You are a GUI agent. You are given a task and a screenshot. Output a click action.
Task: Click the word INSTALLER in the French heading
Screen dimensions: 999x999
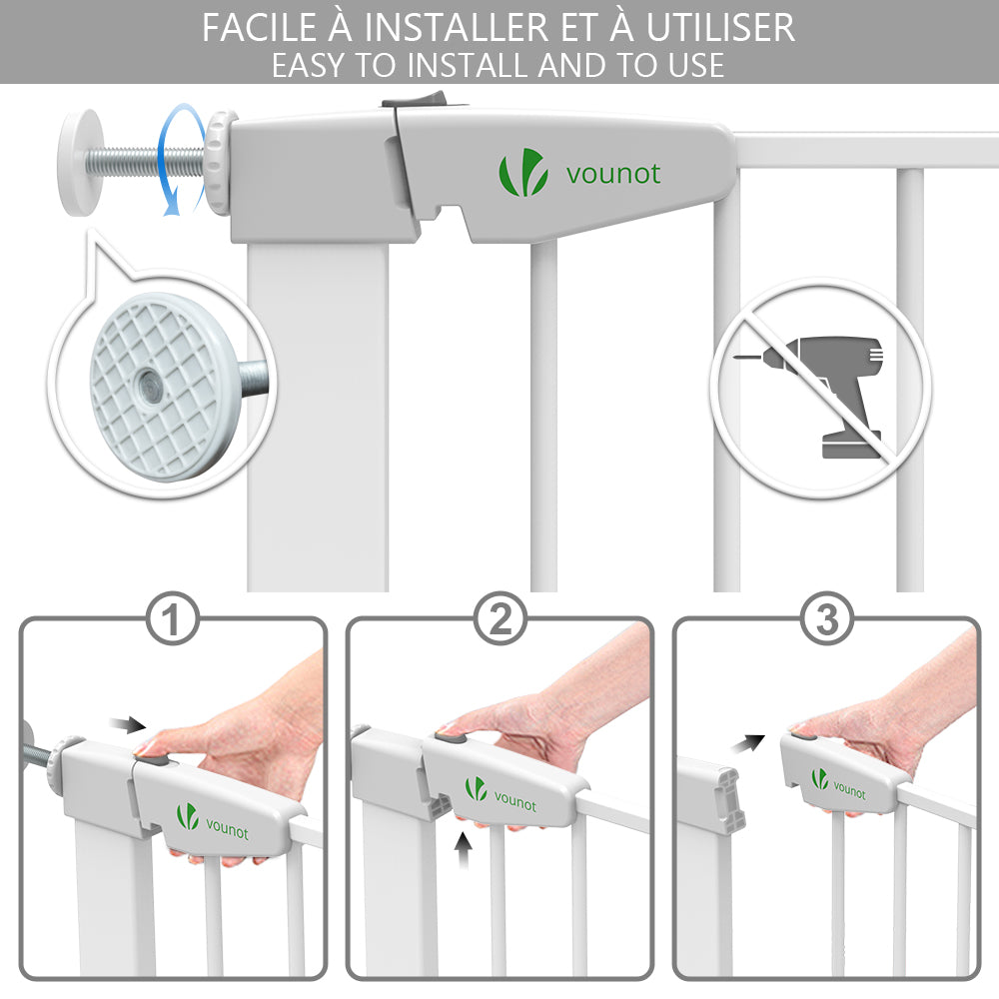[x=457, y=27]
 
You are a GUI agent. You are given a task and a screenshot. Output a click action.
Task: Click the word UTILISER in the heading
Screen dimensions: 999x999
[x=720, y=27]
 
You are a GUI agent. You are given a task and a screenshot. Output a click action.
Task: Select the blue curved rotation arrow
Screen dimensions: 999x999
[x=180, y=159]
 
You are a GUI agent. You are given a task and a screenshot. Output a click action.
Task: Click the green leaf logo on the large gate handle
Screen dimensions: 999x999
[x=523, y=172]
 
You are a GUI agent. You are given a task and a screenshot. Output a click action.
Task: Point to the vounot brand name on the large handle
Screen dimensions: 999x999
[x=613, y=174]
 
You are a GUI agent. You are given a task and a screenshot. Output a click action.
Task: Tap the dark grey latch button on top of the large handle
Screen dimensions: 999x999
[x=414, y=99]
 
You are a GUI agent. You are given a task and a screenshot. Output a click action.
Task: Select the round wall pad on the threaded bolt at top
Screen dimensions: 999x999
[x=81, y=163]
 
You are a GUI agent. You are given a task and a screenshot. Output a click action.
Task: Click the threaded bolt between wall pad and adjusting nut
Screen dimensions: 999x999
[x=153, y=162]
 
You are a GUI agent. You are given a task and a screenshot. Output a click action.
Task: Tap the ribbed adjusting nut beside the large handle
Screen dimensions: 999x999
[x=219, y=163]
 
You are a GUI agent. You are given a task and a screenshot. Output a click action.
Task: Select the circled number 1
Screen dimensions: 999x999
[x=172, y=619]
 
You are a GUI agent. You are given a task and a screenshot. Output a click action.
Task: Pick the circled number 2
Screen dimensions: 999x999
[x=500, y=618]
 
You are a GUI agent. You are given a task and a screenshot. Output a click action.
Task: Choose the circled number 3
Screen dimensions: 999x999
[x=826, y=618]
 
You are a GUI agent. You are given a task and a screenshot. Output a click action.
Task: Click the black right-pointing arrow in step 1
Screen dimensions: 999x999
[x=128, y=724]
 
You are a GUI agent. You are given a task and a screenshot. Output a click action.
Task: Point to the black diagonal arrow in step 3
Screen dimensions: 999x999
[x=747, y=743]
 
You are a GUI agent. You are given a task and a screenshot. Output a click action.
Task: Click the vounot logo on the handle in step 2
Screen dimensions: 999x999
[x=500, y=794]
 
